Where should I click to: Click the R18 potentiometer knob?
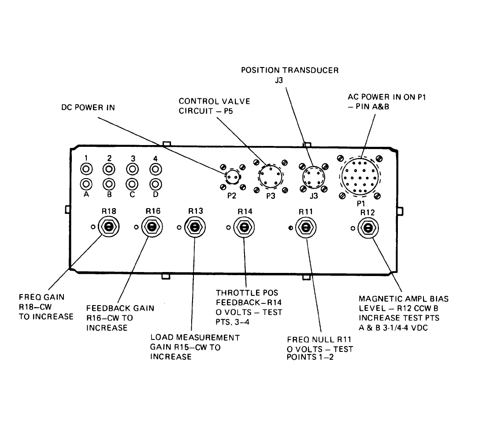pos(108,227)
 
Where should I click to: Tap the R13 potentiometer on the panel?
pos(194,227)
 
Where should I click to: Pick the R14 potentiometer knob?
pos(243,227)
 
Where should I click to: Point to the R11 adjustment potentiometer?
pos(304,227)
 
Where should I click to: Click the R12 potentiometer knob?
pos(367,228)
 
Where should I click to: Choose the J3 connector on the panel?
pos(313,177)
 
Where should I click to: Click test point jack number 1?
pos(87,169)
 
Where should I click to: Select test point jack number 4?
pos(155,169)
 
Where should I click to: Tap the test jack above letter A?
pos(87,184)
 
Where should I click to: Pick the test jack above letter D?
pos(155,184)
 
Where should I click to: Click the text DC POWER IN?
pos(88,107)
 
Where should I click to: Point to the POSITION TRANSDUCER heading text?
pos(289,70)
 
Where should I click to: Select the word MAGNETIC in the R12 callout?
pos(377,299)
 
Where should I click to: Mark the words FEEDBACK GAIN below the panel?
pos(120,308)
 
